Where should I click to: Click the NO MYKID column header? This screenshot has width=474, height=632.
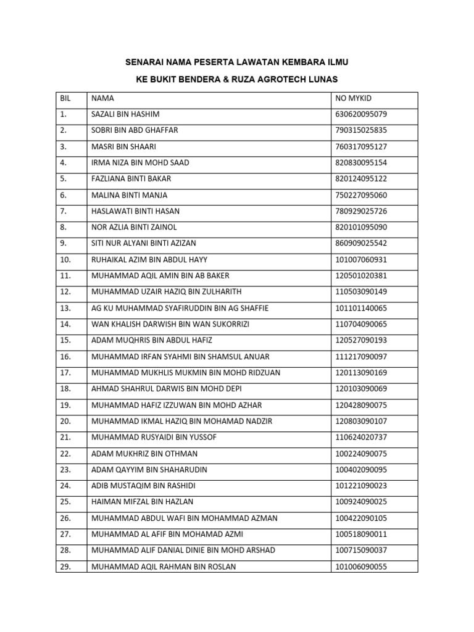coord(354,98)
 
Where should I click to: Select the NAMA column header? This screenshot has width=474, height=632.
coord(102,98)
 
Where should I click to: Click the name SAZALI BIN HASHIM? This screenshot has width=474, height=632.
coord(126,114)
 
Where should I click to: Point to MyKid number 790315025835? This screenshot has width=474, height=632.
coord(361,130)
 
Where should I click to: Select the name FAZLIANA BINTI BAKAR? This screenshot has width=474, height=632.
coord(131,179)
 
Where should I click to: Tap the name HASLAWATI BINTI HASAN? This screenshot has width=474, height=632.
coord(135,211)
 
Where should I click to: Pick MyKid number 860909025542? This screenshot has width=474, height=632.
coord(361,244)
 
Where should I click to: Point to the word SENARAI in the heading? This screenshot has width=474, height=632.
coord(145,62)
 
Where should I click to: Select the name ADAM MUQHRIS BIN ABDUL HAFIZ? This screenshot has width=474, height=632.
coord(151,341)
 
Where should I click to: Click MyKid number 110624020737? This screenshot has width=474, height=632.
coord(361,438)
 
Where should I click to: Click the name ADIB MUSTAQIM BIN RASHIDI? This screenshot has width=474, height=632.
coord(144,486)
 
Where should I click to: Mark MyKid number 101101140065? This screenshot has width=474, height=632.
coord(361,308)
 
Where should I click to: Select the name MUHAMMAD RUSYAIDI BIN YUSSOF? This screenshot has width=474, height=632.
coord(154,438)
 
